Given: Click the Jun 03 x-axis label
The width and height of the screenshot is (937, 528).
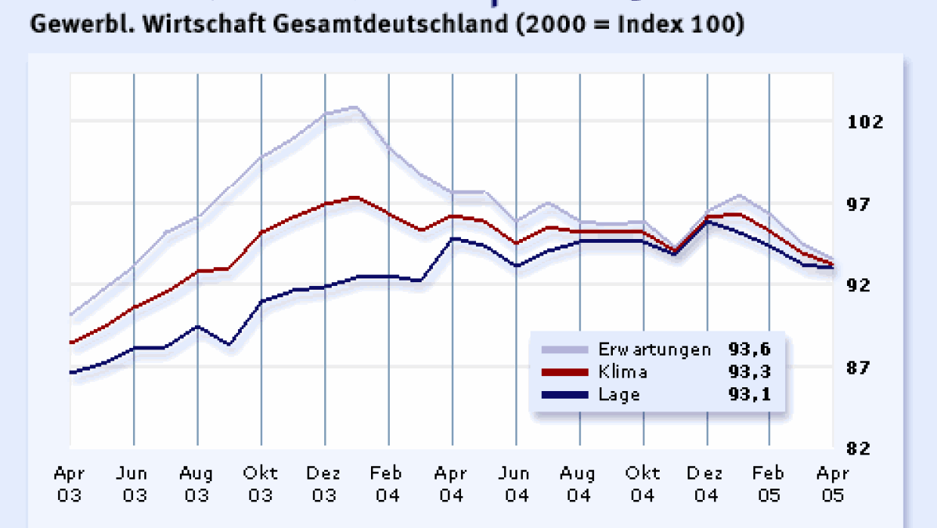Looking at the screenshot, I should pos(133,485).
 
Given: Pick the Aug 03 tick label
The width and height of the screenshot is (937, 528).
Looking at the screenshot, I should pos(196,485).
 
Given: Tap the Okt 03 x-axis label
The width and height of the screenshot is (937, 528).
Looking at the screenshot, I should pos(261,485).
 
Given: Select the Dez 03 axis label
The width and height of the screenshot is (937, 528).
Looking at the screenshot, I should pos(325,485).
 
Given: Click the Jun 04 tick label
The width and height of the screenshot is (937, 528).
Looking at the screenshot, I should pos(515,485).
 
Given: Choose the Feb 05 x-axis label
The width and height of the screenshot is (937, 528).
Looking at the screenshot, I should pos(769,485).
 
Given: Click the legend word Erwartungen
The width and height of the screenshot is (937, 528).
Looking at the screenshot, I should pos(654,349).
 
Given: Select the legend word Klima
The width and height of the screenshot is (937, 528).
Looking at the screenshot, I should pos(623,371).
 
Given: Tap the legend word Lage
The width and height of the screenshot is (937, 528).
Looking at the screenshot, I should pos(619,394).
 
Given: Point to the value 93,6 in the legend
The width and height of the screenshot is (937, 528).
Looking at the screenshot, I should pos(750,349).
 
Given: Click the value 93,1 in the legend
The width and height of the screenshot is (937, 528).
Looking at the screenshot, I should pos(750,394).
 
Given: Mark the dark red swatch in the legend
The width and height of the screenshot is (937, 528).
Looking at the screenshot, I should pos(564,371).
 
